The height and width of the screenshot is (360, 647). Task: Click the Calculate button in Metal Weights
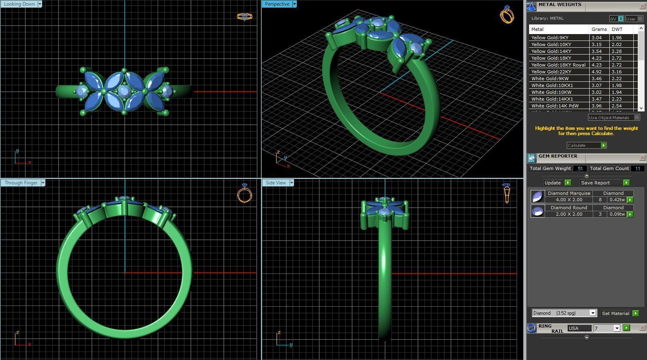(586, 145)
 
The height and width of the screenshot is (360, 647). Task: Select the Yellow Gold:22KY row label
(551, 72)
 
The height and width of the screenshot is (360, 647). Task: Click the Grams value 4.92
(596, 72)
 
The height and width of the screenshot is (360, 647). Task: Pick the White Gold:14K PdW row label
(555, 106)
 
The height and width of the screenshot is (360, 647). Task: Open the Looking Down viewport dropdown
(40, 4)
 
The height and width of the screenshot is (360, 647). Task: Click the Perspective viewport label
(277, 4)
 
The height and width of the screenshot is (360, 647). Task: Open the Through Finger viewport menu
(43, 183)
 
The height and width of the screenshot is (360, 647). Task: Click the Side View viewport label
(276, 183)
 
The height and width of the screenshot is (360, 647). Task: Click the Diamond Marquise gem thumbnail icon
(537, 196)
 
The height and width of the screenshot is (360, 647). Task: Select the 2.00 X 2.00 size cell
(569, 214)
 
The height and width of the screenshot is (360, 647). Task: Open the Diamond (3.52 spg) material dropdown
(592, 313)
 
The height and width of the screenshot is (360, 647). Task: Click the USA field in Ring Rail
(578, 328)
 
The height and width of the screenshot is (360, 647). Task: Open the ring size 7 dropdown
(617, 328)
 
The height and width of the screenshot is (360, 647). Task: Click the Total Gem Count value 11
(637, 168)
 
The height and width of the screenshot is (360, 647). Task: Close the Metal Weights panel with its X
(642, 6)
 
